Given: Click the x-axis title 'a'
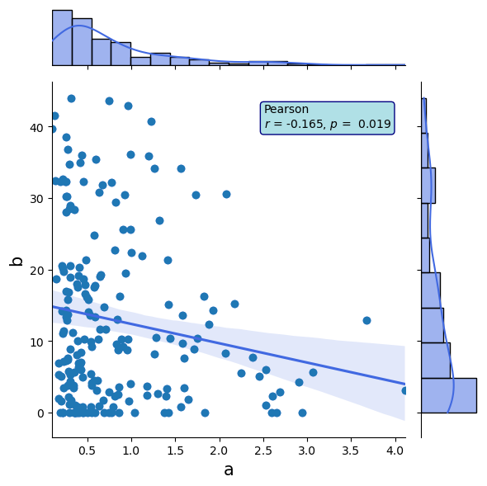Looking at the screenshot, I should [229, 469].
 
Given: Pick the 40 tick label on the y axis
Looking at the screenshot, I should [35, 127].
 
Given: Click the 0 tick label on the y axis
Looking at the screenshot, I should [38, 413].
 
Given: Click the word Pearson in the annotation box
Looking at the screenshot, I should [286, 110].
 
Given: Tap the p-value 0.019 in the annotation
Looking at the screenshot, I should [376, 125].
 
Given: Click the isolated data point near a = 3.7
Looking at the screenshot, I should [366, 320].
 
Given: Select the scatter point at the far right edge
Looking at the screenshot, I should [404, 390].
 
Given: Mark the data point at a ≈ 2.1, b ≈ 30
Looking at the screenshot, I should [226, 195].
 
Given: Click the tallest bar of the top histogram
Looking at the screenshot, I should [62, 37].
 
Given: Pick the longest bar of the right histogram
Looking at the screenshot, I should [449, 395].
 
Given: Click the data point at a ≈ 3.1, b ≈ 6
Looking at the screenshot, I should [313, 372].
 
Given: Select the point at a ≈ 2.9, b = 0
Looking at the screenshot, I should [302, 413].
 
